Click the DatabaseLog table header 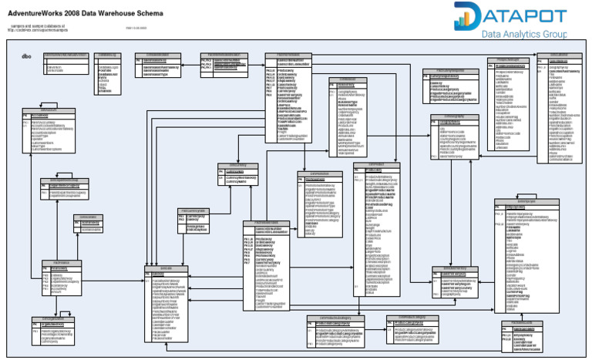coord(108,56)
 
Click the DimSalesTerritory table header coord(460,267)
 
